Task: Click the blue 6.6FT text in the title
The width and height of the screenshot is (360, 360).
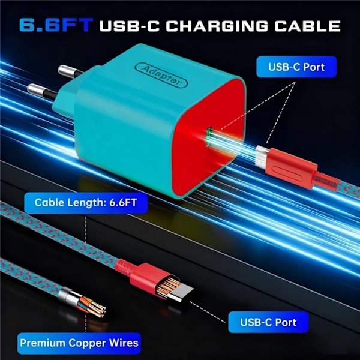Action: tap(56, 25)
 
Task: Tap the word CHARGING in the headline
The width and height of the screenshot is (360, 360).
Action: tap(217, 26)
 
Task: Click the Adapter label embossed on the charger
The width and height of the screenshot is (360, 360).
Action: tap(161, 75)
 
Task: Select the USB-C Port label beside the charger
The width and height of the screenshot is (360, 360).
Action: tap(296, 67)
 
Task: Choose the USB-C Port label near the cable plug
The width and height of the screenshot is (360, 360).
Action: tap(268, 322)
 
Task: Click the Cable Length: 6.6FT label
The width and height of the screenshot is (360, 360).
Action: tap(86, 203)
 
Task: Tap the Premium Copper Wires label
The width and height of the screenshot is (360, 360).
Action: tap(79, 343)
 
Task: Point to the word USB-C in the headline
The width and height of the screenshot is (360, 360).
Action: tap(129, 26)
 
